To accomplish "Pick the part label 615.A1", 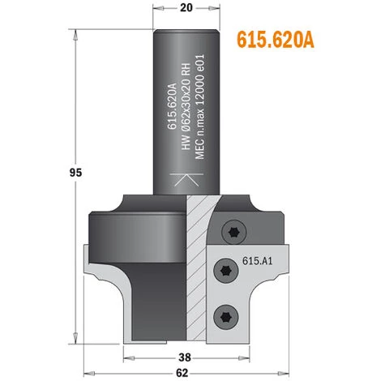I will pos(257,263).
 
